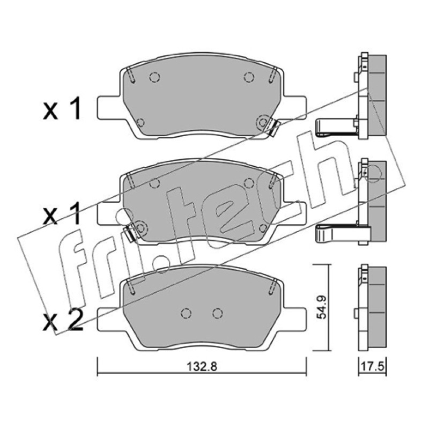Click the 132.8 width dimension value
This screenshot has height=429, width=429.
pyautogui.click(x=202, y=366)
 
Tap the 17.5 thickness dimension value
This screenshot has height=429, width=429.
pyautogui.click(x=373, y=366)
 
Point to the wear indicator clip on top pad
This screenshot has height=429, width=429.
pyautogui.click(x=273, y=128)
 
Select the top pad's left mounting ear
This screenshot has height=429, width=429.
pyautogui.click(x=109, y=108)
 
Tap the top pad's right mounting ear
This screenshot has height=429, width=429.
pyautogui.click(x=294, y=108)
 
